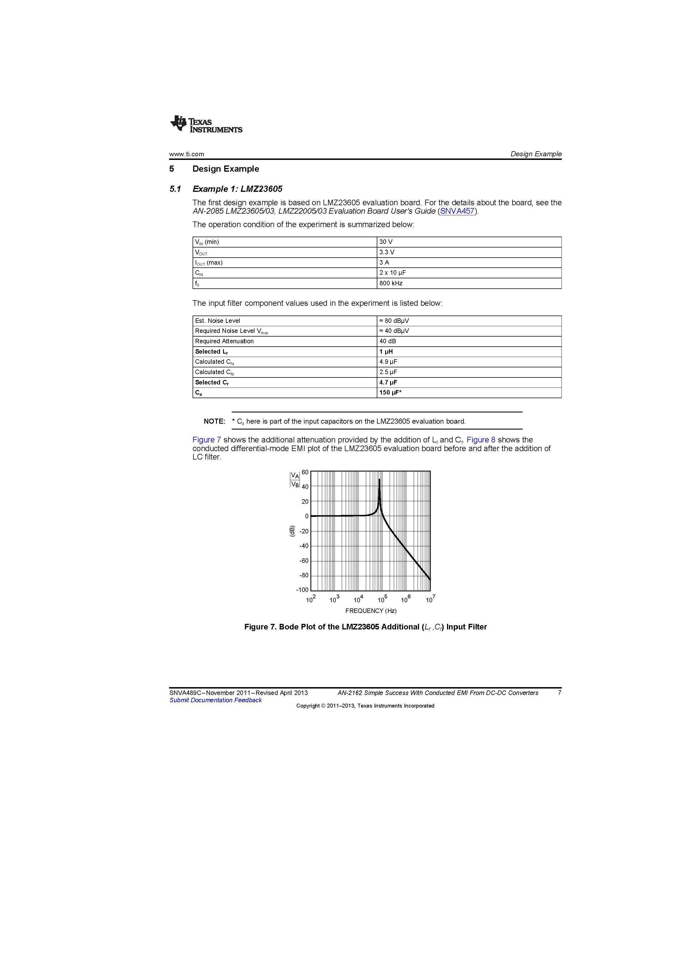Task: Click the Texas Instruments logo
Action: coord(206,124)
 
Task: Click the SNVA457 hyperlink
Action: coord(457,211)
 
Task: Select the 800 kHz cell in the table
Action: coord(391,283)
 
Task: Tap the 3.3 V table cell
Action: coord(387,252)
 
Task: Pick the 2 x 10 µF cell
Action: coord(392,273)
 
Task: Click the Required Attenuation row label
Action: coord(224,341)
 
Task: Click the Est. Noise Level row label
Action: coord(217,321)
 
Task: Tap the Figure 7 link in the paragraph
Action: coord(207,440)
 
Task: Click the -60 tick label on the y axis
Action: coord(304,560)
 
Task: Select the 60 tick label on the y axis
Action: coord(305,472)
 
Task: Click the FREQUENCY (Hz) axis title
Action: coord(371,610)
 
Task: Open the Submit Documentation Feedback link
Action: coord(215,700)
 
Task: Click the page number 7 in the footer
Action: coord(559,692)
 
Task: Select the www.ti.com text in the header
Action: coord(186,154)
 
